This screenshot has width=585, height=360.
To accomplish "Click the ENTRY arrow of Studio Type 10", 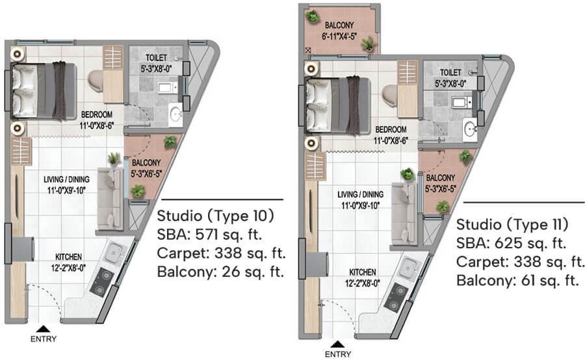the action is [x=44, y=329].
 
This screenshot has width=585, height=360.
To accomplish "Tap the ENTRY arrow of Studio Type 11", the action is [x=337, y=344].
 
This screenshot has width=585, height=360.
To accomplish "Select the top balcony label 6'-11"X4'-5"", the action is [x=339, y=36].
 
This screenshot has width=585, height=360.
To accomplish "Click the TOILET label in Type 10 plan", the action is [x=156, y=58].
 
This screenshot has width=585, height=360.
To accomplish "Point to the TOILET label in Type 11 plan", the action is [x=450, y=72].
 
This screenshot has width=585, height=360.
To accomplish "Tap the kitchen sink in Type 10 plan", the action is [x=114, y=253].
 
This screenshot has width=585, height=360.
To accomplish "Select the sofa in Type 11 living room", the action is [x=404, y=214].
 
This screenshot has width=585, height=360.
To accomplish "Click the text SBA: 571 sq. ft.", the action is [x=209, y=235].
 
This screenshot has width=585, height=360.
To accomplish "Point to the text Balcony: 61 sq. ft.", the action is [x=517, y=280].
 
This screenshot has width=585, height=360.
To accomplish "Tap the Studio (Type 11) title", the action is [x=512, y=224].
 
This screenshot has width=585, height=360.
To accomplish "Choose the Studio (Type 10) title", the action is [x=216, y=216].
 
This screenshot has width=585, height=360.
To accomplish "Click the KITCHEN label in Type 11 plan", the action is [x=362, y=272].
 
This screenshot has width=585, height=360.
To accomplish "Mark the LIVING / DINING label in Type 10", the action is [x=66, y=179].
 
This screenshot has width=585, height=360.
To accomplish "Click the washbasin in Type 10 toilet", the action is [x=175, y=114].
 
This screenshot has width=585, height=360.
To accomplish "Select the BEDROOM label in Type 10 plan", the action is [x=97, y=114].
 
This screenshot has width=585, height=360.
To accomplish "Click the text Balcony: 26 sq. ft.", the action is [x=220, y=272].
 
